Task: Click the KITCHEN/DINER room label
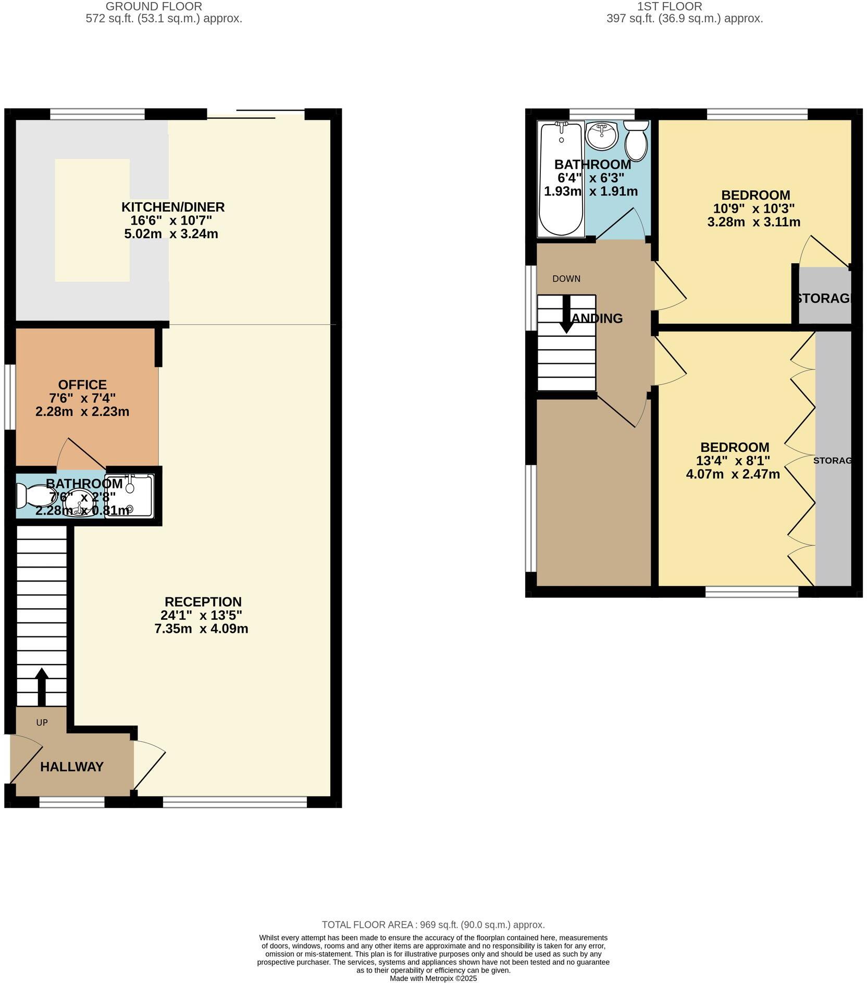coord(173,207)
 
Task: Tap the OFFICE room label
coord(82,385)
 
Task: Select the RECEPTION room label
coord(203,601)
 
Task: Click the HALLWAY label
coord(72,767)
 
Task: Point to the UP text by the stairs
coord(42,722)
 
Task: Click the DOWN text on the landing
coord(566,279)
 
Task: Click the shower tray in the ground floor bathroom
coord(130,496)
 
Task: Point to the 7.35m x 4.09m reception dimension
coord(201,629)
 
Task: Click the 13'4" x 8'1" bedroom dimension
coord(733,461)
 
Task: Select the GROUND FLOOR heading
coord(154,7)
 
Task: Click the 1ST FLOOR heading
coord(670,7)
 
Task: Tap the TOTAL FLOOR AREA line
coord(433,925)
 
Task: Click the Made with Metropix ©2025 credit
coord(433,978)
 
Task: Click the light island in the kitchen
coord(92,220)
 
